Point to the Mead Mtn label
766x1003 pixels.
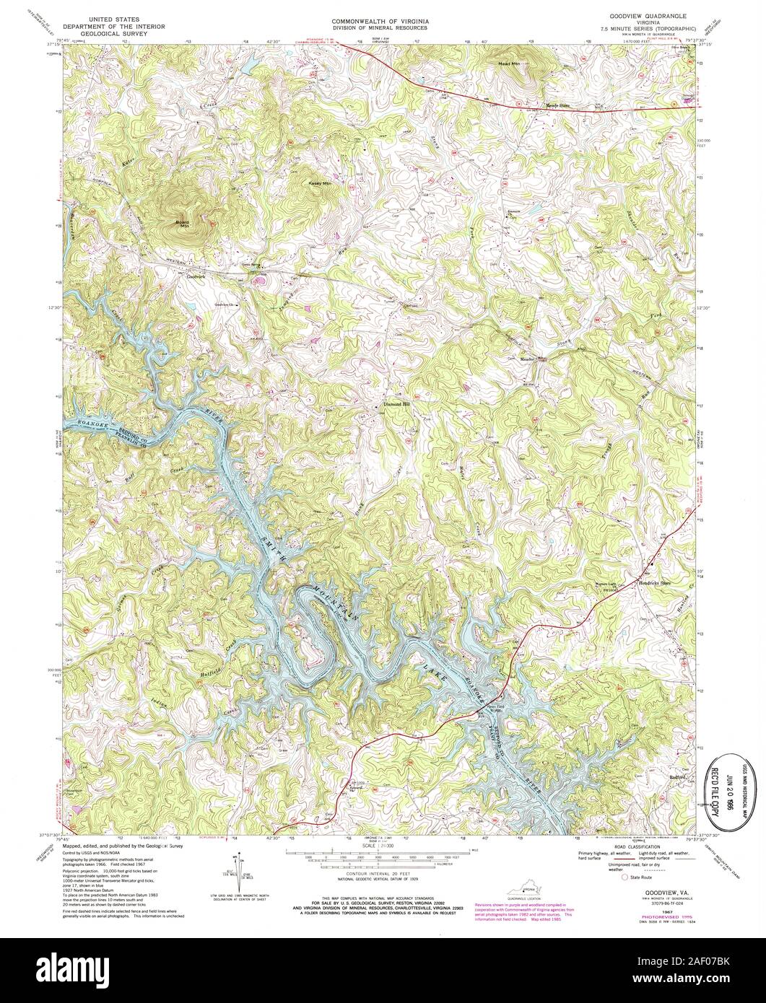[x=509, y=64]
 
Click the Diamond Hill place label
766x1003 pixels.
[x=396, y=404]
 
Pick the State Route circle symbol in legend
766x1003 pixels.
[x=625, y=878]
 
